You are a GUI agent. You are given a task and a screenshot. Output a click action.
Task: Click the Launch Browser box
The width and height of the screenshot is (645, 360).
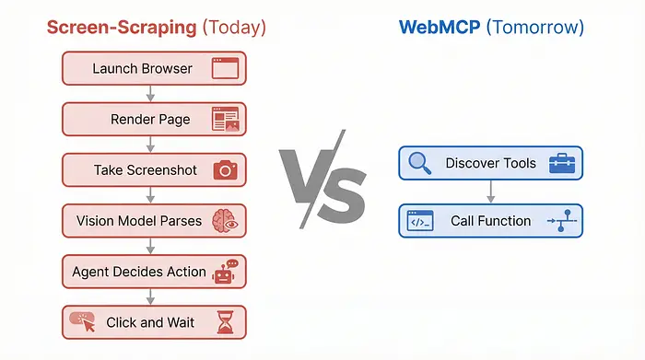pos(154,68)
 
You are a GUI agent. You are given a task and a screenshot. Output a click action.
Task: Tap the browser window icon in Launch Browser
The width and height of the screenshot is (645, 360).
pos(225,68)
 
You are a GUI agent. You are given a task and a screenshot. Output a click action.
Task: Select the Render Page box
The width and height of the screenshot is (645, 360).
pos(154,119)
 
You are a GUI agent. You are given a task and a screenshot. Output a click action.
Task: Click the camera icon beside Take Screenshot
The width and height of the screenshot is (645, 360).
pos(225,170)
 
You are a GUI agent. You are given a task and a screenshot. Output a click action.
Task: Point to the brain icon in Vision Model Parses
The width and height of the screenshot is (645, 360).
pos(225,221)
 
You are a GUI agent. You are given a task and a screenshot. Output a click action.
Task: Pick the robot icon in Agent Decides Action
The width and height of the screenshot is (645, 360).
pos(225,272)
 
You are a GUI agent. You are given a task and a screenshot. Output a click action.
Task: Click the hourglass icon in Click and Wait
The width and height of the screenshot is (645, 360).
pos(225,322)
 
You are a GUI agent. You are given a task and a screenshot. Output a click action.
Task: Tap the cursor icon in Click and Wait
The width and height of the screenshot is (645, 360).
pos(82,322)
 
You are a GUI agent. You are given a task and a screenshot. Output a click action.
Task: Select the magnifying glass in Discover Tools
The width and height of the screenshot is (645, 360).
pos(420,163)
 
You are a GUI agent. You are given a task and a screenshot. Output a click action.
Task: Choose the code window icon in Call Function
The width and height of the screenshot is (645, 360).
pos(420,221)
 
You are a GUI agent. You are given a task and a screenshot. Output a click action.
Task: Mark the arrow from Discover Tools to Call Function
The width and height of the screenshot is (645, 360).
pos(490,192)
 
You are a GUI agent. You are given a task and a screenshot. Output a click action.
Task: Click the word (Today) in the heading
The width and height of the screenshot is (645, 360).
pos(234,27)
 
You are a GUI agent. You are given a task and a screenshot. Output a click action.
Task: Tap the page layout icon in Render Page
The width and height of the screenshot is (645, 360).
pos(225,119)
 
